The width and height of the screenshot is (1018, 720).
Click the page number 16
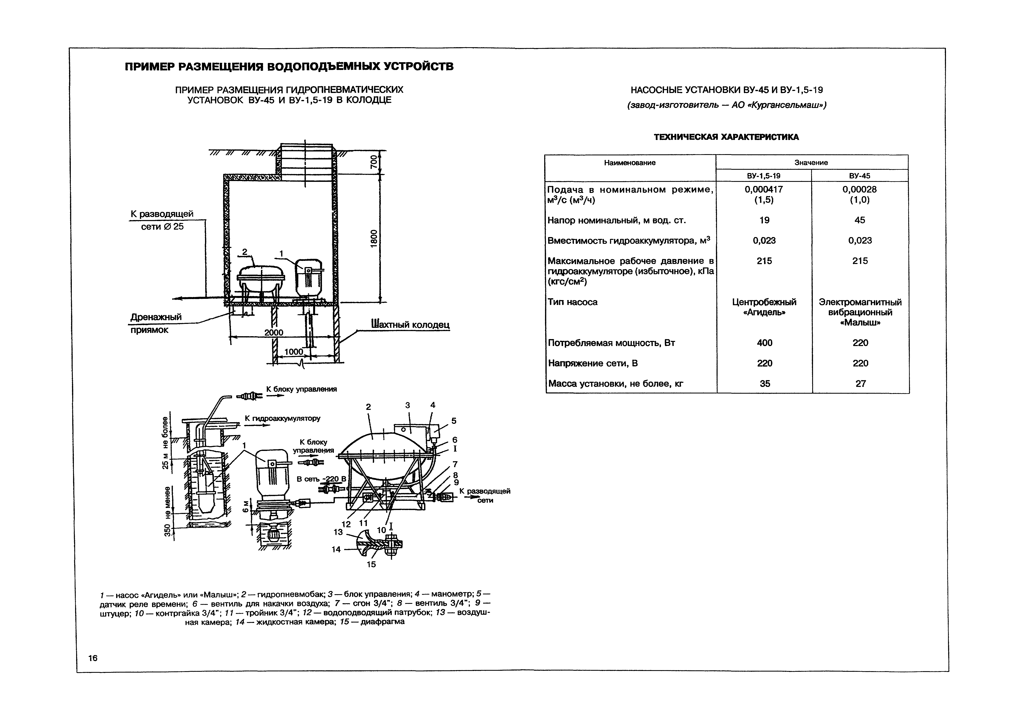[93, 658]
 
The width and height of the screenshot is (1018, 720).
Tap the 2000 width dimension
[274, 332]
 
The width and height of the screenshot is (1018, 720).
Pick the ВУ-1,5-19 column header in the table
[764, 175]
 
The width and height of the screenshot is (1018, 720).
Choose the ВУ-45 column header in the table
[859, 175]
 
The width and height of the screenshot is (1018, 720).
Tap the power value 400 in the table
[764, 343]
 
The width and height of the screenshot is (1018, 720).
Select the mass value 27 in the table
[860, 383]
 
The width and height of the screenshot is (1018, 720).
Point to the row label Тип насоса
[572, 302]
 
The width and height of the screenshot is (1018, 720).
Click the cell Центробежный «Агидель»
[764, 307]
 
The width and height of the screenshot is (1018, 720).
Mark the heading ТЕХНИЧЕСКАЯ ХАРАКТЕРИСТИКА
[726, 137]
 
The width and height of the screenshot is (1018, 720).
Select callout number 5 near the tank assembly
[453, 420]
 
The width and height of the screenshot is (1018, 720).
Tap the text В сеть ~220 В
[321, 479]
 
